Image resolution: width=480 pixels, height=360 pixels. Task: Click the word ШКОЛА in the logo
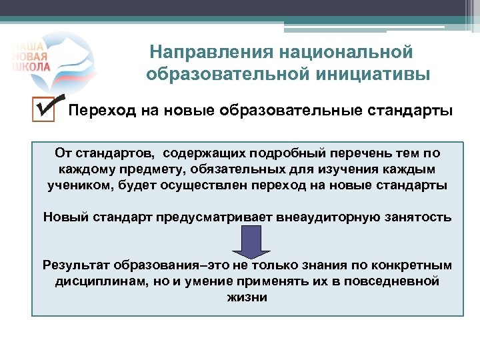click(30, 67)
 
